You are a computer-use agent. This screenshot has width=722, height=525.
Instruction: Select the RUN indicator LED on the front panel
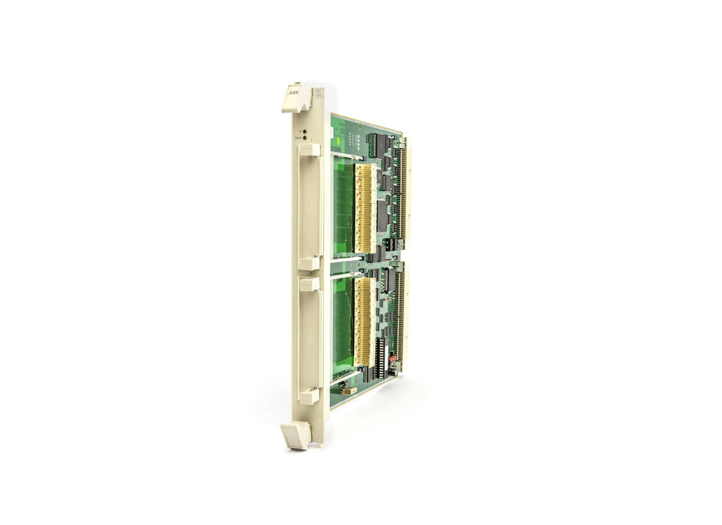[x=305, y=138]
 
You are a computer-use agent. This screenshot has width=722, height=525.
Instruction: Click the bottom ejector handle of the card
[x=295, y=435]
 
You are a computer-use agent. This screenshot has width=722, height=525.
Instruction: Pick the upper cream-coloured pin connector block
[x=365, y=208]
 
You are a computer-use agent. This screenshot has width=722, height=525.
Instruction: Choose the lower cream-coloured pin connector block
[x=365, y=322]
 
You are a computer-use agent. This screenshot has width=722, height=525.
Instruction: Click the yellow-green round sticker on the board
[x=343, y=140]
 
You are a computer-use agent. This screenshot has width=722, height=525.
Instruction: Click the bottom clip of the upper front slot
[x=310, y=263]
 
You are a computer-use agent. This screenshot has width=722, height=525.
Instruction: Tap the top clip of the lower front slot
[x=310, y=283]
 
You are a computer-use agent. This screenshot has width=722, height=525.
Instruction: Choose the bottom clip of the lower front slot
[x=310, y=396]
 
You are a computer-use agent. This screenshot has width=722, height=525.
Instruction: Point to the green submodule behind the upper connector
[x=343, y=210]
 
